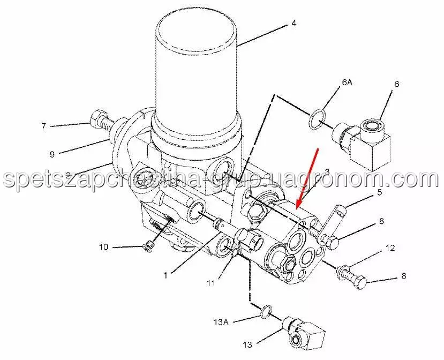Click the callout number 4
coord(294,23)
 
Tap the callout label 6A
coord(347,82)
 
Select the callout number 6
coord(396,84)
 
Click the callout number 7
coord(43,126)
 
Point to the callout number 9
coord(52,154)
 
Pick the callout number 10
coord(104,247)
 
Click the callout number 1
coord(165,275)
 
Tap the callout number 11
coord(211,283)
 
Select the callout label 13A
coord(221,322)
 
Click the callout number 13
coord(247,344)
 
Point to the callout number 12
coord(390,248)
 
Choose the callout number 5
coord(379,193)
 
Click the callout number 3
coord(327,171)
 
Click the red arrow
coord(307,178)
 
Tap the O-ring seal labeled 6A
coord(317,120)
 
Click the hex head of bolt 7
coord(96,119)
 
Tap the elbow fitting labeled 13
coord(304,333)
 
